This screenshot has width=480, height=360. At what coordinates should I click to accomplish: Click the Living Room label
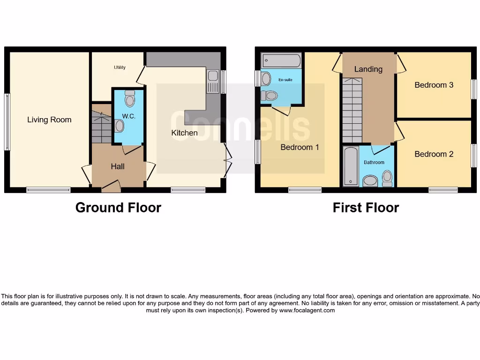pos(49,120)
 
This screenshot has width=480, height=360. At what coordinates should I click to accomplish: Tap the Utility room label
pos(120,67)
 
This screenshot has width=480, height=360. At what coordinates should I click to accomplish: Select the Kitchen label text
pos(184,133)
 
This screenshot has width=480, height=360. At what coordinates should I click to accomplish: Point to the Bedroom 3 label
pos(434,85)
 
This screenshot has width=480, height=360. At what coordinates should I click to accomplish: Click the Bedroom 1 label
pos(300,147)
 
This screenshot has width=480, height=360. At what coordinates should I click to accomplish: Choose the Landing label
pos(368,69)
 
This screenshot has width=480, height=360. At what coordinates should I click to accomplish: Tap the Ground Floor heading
pos(118,208)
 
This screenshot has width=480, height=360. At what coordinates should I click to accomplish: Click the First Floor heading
pos(366,208)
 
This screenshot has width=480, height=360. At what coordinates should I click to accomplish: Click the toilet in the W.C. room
pos(130,99)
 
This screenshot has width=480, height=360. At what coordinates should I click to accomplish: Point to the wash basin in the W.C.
pos(119,126)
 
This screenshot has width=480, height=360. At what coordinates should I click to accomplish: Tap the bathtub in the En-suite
pos(281,60)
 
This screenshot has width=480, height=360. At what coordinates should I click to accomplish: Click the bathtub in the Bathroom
pos(350,166)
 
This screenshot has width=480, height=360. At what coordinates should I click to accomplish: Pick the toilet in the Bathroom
pos(387,179)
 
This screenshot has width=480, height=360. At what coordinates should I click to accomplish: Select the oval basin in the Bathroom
pos(370,181)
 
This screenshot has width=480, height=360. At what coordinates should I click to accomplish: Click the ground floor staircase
pos(101,127)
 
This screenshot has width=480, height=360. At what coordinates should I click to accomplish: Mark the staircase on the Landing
pos(352,110)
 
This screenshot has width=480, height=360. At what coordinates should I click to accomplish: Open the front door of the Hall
pos(111,187)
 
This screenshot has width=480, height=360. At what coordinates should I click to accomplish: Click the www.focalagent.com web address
pos(307,310)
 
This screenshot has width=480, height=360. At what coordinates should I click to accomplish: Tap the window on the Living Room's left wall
pos(7,122)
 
